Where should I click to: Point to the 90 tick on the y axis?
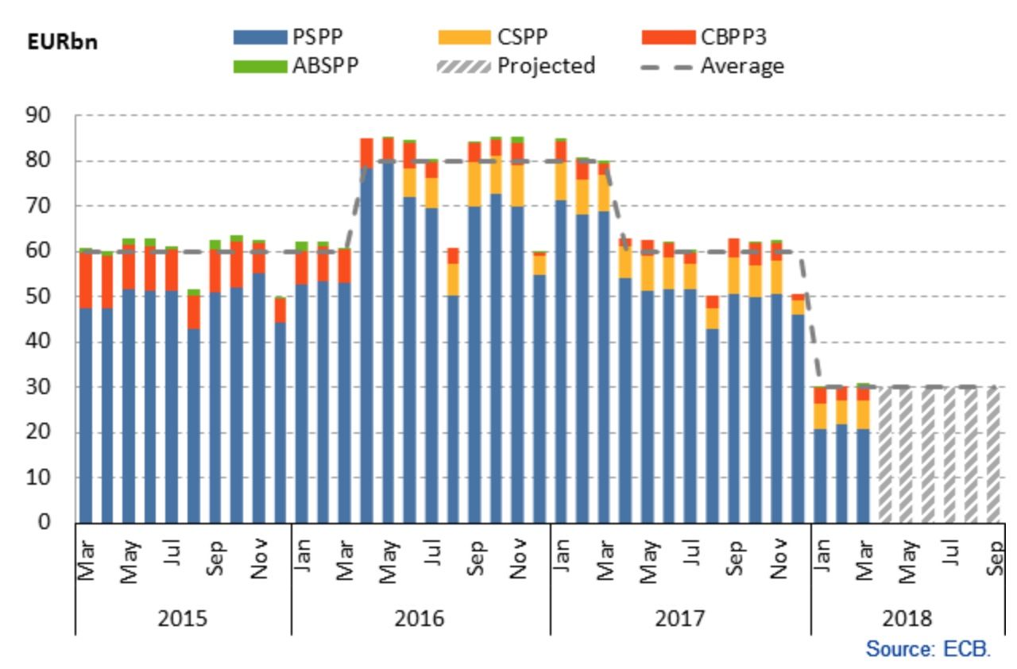point(56,116)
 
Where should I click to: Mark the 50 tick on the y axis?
point(56,297)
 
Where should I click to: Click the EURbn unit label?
point(62,42)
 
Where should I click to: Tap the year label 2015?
point(184,618)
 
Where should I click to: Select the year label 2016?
point(420,618)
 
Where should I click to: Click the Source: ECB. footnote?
point(928,648)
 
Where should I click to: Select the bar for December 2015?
point(280,421)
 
